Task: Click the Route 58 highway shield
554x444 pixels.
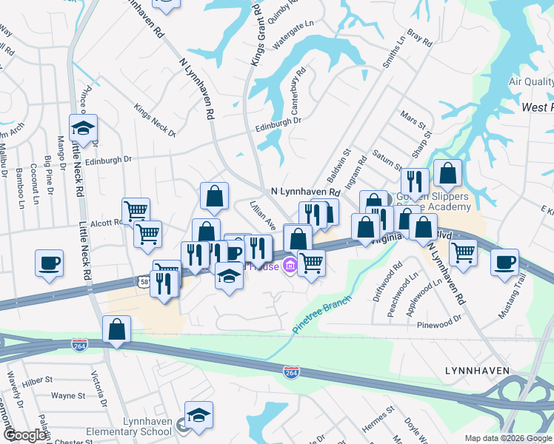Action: [144, 282]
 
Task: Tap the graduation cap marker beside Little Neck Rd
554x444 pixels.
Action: [84, 128]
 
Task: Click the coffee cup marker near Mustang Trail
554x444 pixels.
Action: [505, 262]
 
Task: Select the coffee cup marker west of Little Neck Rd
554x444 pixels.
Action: [50, 263]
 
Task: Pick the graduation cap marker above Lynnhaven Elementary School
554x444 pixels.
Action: [198, 414]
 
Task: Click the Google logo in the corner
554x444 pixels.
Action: [26, 435]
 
